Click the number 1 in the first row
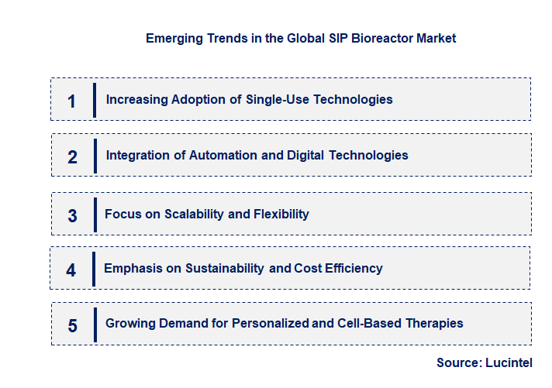(72, 101)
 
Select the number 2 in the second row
(72, 157)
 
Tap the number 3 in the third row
(72, 216)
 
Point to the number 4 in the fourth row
(71, 270)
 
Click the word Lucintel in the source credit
(509, 362)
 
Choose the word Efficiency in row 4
(351, 269)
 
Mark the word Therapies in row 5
(436, 324)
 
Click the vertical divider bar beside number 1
(94, 100)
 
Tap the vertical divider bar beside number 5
(95, 324)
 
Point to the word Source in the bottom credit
(457, 362)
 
